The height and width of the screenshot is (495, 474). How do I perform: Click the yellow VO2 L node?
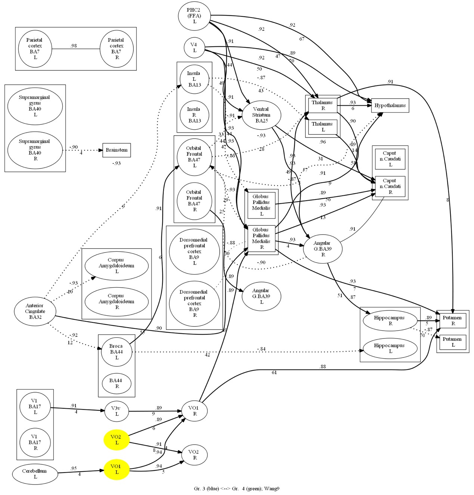pos(117,440)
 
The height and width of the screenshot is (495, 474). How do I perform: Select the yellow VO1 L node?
pos(117,469)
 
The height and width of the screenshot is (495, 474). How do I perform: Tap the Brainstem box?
pos(117,150)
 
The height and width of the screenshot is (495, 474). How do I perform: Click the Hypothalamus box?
pos(390,105)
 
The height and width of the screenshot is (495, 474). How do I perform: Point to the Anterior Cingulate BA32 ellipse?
pos(35,311)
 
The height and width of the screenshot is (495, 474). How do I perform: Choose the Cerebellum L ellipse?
pos(35,474)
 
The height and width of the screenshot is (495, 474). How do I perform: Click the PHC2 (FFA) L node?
pos(194,16)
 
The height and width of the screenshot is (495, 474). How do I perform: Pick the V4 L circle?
pos(194,47)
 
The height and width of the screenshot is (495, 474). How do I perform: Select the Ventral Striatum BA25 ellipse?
pos(261,115)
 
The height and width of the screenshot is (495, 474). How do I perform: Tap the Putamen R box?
pos(453,321)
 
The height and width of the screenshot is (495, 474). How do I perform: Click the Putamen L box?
pos(453,342)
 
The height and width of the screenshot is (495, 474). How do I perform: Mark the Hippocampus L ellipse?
pos(390,348)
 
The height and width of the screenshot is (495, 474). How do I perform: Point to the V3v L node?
pos(117,411)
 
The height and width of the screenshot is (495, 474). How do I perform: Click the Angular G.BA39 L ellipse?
pos(261,296)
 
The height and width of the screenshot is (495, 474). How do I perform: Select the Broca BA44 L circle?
pos(117,352)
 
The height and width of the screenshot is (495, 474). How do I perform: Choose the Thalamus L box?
pos(323,127)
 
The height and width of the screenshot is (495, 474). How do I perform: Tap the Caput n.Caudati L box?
pos(390,159)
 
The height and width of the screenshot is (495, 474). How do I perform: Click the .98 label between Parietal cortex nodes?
pos(74,46)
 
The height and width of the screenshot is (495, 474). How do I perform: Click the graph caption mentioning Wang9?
pos(236,489)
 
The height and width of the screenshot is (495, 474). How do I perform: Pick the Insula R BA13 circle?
pos(194,115)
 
